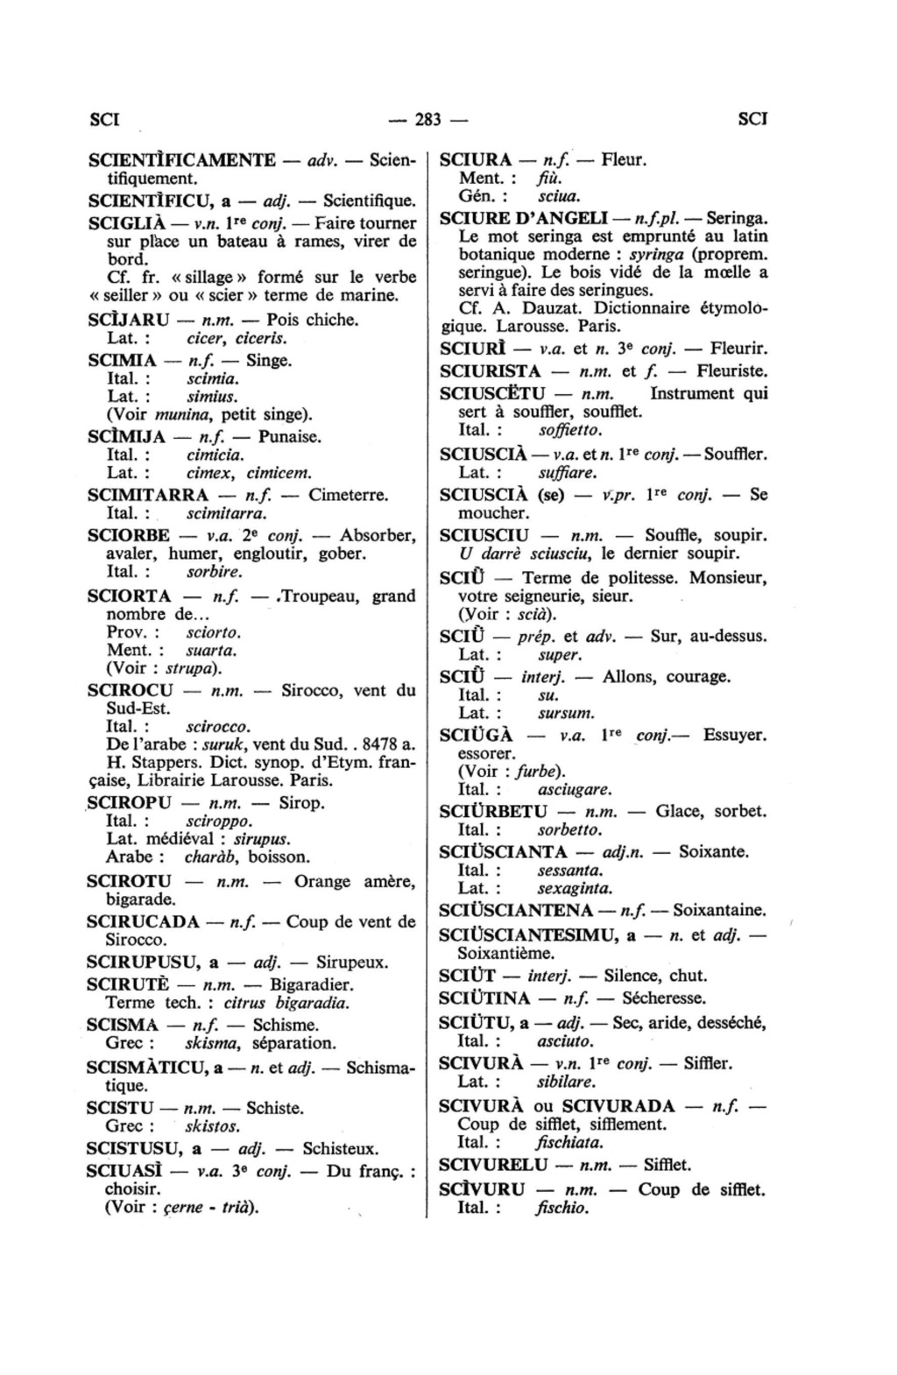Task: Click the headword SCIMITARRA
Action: pyautogui.click(x=148, y=495)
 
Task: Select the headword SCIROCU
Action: pyautogui.click(x=131, y=690)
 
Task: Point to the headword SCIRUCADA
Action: pyautogui.click(x=144, y=921)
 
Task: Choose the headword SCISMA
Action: pyautogui.click(x=123, y=1025)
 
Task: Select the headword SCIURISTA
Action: pyautogui.click(x=491, y=371)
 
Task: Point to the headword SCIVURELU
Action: pyautogui.click(x=493, y=1165)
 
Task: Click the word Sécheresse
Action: pyautogui.click(x=664, y=998)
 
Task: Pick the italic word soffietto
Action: pyautogui.click(x=571, y=431)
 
